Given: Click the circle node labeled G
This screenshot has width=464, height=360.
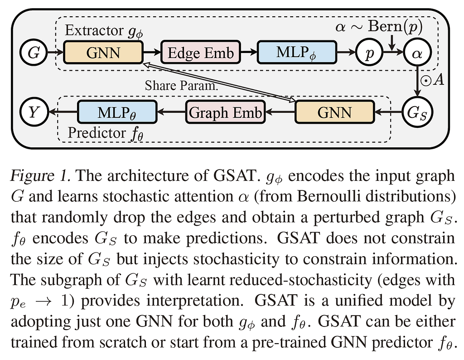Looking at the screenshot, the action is point(34,53).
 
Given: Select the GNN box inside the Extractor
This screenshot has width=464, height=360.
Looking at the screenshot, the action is point(103,53).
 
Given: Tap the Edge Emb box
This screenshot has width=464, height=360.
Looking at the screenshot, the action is point(201,53).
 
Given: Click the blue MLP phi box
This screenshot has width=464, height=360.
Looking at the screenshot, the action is point(297,53).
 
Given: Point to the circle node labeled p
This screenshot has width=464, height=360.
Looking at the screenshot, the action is point(369,53).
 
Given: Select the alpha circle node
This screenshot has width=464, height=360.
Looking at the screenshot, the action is point(417,53).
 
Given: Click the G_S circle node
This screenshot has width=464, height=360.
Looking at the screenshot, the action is point(417,112).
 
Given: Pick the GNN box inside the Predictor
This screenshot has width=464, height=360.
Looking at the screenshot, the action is point(335,112).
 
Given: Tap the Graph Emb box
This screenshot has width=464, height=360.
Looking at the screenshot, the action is point(225,112).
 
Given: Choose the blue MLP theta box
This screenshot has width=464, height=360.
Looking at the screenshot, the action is point(117,112).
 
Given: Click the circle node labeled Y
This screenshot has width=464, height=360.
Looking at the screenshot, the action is point(34,112).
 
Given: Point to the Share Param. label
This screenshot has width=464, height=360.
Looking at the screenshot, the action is point(181,86).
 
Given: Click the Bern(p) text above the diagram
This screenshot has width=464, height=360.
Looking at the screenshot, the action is point(395,26).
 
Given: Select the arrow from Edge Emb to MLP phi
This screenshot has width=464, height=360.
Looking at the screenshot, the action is point(249,53).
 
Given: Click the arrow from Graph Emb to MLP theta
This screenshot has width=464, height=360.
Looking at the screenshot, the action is point(171,112).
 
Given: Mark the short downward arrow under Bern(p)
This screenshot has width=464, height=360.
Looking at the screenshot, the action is point(392,43).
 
